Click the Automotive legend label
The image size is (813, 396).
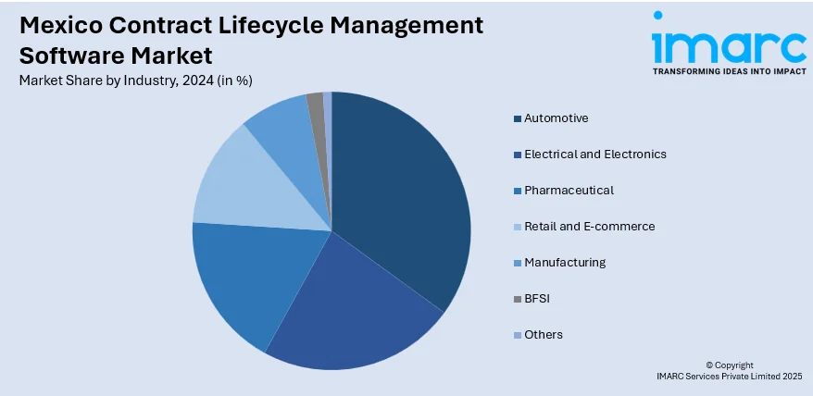556,118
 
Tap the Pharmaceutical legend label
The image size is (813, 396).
569,191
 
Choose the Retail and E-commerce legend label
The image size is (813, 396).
589,227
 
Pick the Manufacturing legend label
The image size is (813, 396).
565,263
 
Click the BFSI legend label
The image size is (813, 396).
536,299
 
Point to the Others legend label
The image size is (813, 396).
543,335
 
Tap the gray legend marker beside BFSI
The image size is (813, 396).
517,299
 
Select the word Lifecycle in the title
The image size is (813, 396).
269,24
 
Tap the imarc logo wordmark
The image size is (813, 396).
728,43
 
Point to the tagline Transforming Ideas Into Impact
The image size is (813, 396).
728,70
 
